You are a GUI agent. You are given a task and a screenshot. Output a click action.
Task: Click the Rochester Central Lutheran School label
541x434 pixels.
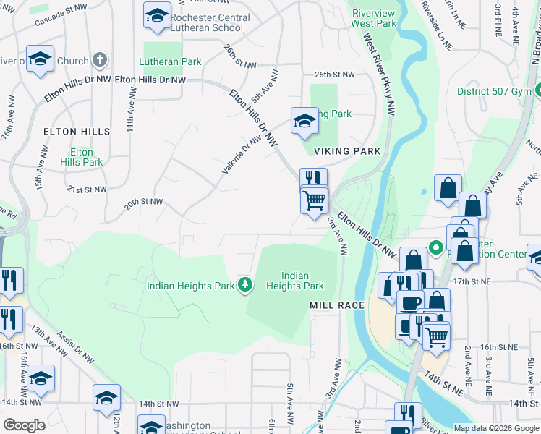(210, 22)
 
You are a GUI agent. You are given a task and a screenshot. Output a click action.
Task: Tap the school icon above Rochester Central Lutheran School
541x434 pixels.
(156, 15)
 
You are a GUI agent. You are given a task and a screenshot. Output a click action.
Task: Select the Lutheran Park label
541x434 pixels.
(171, 62)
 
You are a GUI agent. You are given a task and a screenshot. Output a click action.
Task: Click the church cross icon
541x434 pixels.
(101, 60)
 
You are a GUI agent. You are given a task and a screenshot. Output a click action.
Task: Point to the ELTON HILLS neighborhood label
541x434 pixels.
(77, 132)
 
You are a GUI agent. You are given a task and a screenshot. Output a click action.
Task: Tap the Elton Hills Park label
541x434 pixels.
(81, 158)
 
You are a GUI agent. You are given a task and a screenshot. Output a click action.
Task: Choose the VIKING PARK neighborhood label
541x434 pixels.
(347, 151)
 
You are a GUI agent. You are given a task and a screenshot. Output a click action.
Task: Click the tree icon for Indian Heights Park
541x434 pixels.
(246, 285)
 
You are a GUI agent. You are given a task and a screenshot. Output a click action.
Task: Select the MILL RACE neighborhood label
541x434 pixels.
(337, 306)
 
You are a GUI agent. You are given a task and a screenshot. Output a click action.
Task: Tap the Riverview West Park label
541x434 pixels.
(375, 18)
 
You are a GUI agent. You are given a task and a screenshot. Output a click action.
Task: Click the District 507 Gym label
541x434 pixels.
(493, 92)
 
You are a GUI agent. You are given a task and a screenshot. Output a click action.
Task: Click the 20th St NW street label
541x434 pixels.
(143, 204)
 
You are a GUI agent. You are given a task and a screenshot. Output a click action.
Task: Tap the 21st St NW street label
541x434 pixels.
(87, 189)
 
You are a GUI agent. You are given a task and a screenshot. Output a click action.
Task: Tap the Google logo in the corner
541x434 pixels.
(24, 425)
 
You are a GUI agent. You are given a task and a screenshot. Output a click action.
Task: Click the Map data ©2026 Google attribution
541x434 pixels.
(495, 428)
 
